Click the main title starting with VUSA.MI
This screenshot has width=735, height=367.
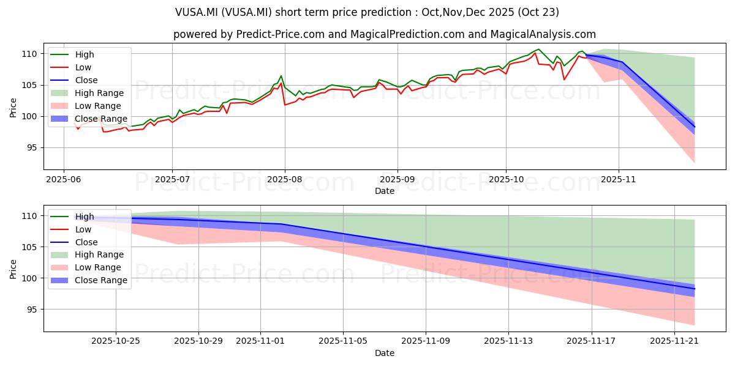pyautogui.click(x=367, y=12)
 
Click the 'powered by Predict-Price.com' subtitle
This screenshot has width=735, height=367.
pyautogui.click(x=384, y=34)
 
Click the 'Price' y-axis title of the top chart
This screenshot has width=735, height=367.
pyautogui.click(x=13, y=106)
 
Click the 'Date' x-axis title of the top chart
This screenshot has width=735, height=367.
pyautogui.click(x=384, y=191)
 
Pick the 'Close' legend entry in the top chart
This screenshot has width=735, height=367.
pyautogui.click(x=86, y=80)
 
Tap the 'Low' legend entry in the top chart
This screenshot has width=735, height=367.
pyautogui.click(x=83, y=67)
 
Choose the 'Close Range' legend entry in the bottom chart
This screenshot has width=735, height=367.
pyautogui.click(x=101, y=280)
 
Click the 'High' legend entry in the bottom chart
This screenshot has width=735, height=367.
pyautogui.click(x=85, y=217)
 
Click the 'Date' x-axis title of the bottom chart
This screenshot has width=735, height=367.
pyautogui.click(x=384, y=353)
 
